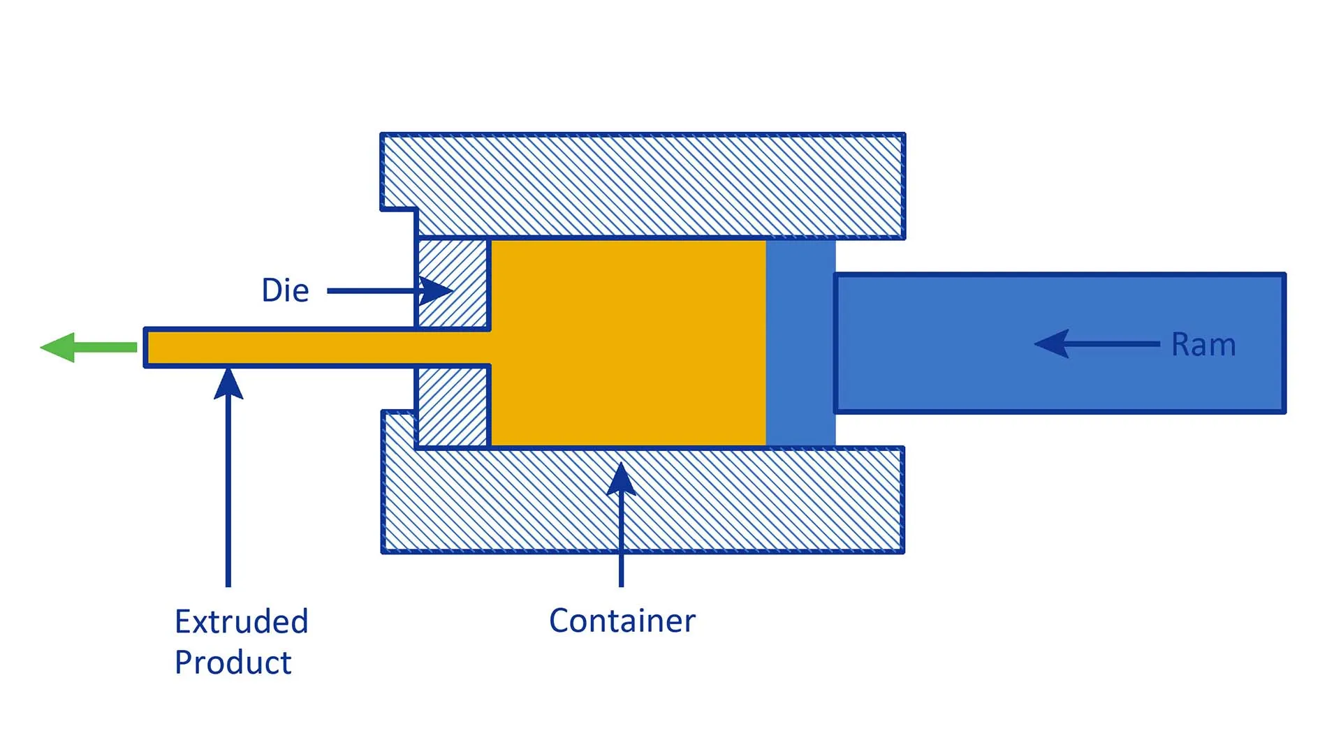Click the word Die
click(x=285, y=290)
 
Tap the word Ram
click(x=1203, y=344)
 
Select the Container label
click(x=622, y=621)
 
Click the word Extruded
click(x=241, y=621)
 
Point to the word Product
click(x=233, y=662)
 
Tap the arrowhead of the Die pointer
click(x=437, y=290)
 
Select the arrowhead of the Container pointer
click(x=621, y=479)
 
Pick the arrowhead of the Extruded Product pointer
click(x=228, y=384)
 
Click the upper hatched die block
click(x=453, y=283)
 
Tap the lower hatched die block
click(x=453, y=406)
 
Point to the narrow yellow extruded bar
click(x=314, y=348)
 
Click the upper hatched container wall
click(x=643, y=185)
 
